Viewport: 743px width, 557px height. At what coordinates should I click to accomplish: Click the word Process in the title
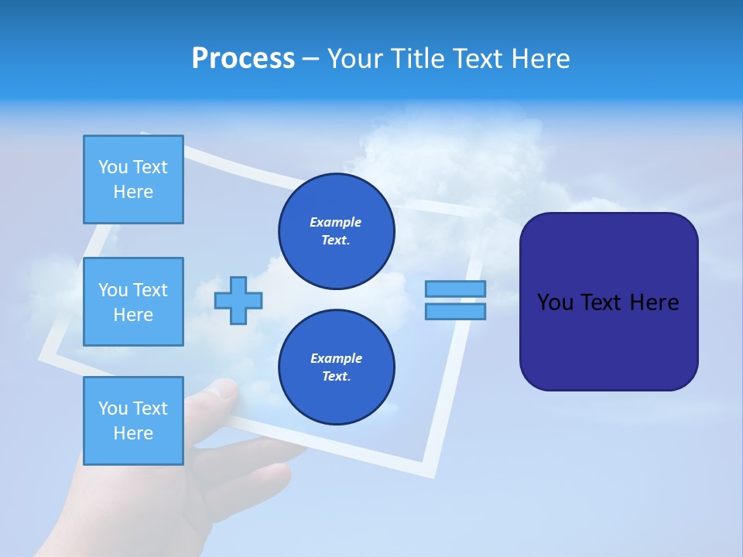(x=243, y=59)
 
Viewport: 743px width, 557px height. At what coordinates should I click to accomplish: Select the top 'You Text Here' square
(x=133, y=179)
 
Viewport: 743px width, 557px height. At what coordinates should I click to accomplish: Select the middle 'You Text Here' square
(x=133, y=302)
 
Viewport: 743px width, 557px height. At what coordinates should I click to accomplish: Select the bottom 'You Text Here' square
(x=133, y=421)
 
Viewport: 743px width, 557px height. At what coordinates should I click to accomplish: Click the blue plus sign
(x=238, y=300)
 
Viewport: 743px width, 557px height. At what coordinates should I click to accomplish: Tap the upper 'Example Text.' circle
(x=337, y=231)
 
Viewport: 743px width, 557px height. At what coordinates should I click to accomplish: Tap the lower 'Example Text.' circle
(x=337, y=367)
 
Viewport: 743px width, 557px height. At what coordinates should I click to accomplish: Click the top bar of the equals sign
(x=455, y=289)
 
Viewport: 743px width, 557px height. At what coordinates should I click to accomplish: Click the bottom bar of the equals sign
(x=455, y=311)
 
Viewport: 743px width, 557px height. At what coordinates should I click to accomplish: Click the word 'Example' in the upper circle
(x=336, y=222)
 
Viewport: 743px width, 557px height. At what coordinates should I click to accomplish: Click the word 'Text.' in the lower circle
(x=336, y=377)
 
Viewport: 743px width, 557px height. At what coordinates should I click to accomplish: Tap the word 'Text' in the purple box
(x=603, y=302)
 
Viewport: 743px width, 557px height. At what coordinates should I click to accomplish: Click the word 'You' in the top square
(x=112, y=167)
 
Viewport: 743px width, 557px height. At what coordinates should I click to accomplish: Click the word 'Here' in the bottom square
(x=133, y=433)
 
